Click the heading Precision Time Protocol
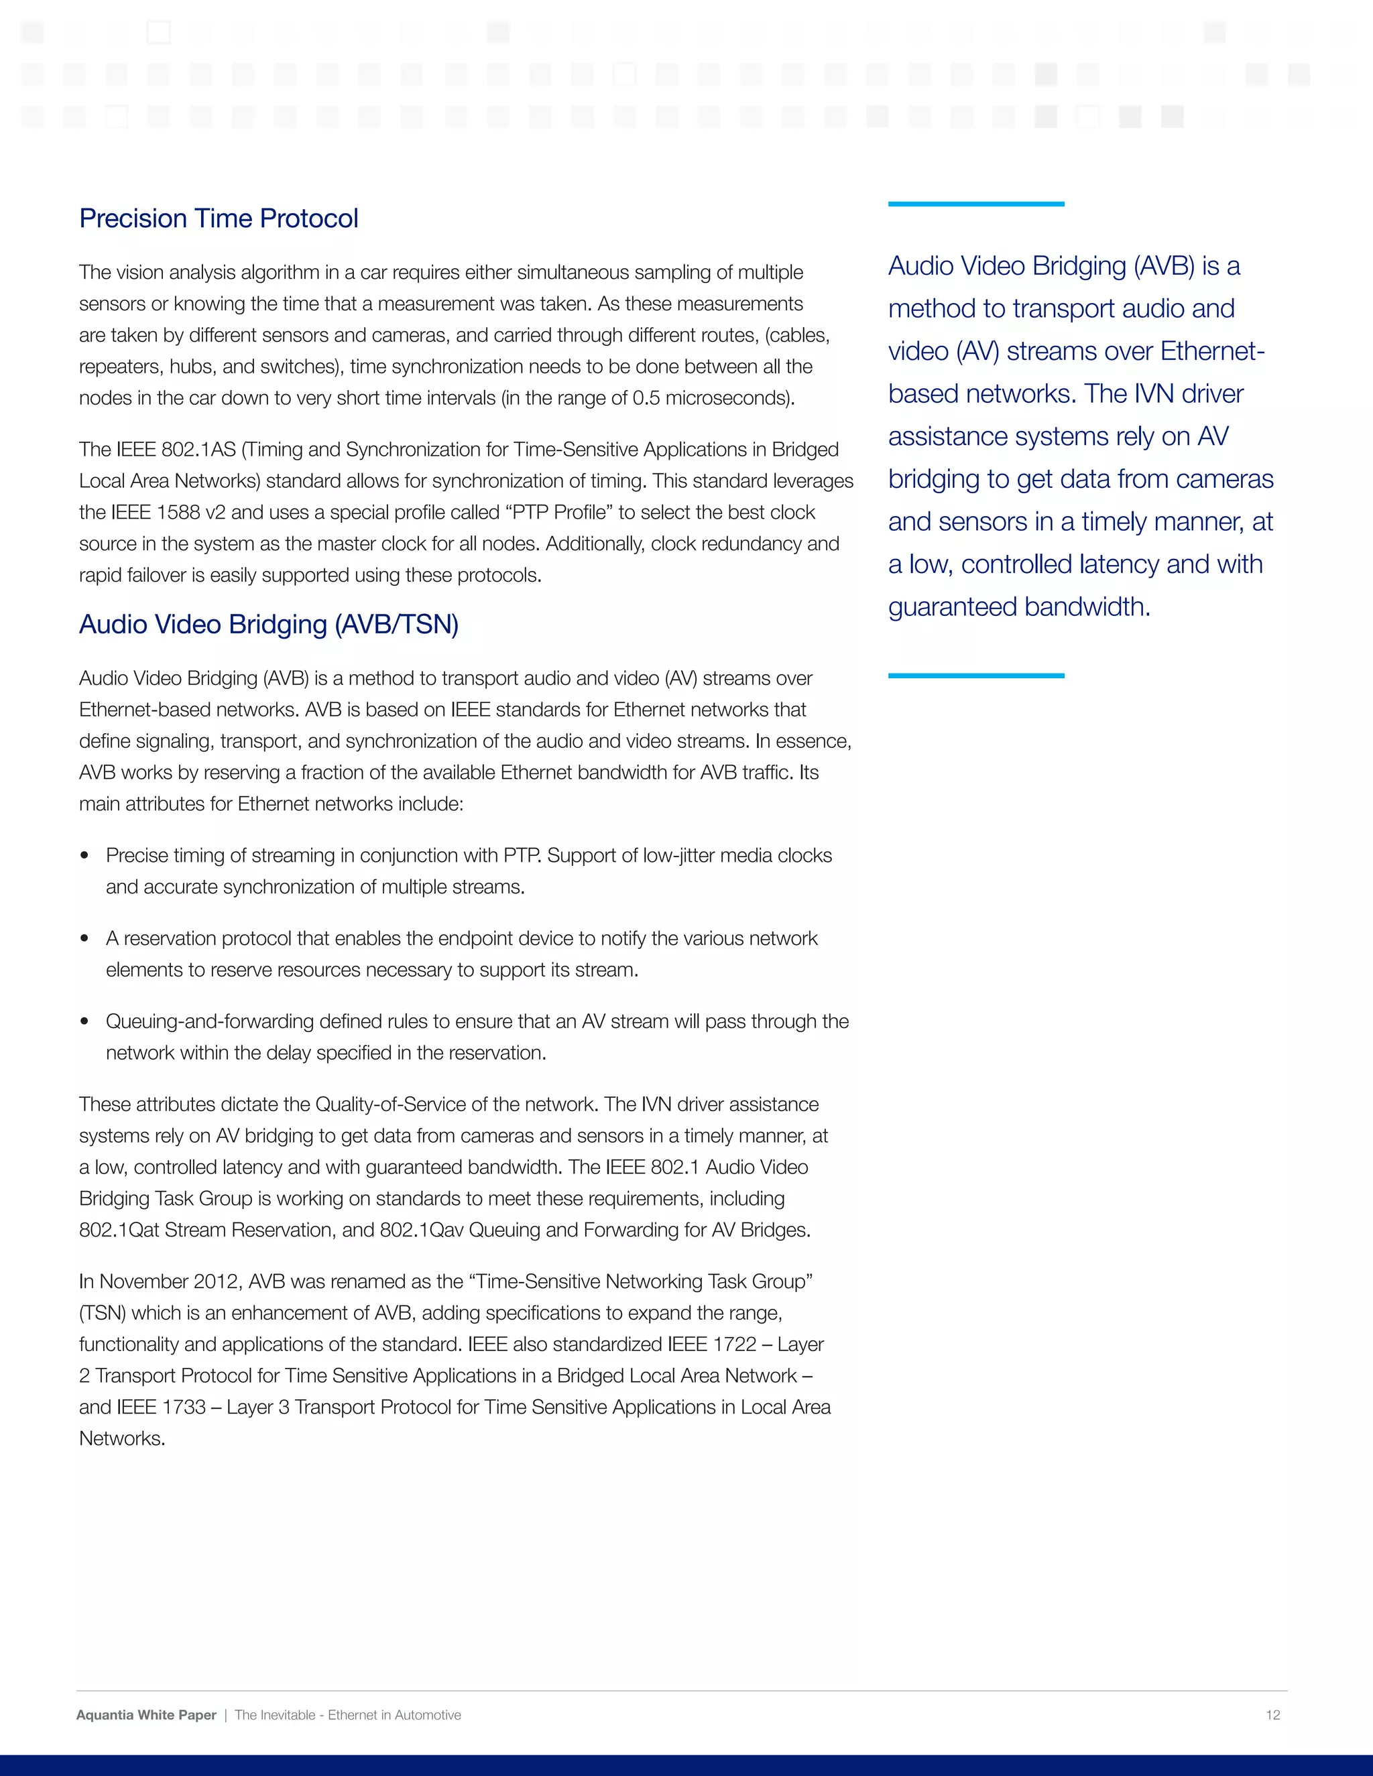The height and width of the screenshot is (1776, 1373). pyautogui.click(x=218, y=218)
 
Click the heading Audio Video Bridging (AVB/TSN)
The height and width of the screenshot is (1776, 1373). pyautogui.click(x=268, y=625)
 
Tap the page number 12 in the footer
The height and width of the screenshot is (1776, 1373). pyautogui.click(x=1272, y=1715)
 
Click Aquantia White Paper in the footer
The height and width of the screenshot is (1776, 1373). pyautogui.click(x=146, y=1715)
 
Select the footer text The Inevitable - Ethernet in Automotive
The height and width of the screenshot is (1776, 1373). pyautogui.click(x=347, y=1715)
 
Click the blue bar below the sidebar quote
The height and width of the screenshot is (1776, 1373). pyautogui.click(x=975, y=676)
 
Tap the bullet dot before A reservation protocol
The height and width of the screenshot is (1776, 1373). pyautogui.click(x=84, y=938)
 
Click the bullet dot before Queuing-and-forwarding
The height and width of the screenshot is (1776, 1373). pyautogui.click(x=84, y=1021)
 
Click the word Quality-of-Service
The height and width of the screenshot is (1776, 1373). pyautogui.click(x=401, y=1105)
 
